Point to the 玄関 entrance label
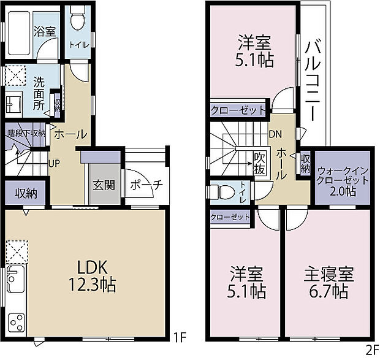click(x=103, y=185)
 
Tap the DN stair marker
click(x=275, y=134)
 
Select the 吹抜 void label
click(x=259, y=164)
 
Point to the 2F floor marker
click(x=371, y=351)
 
